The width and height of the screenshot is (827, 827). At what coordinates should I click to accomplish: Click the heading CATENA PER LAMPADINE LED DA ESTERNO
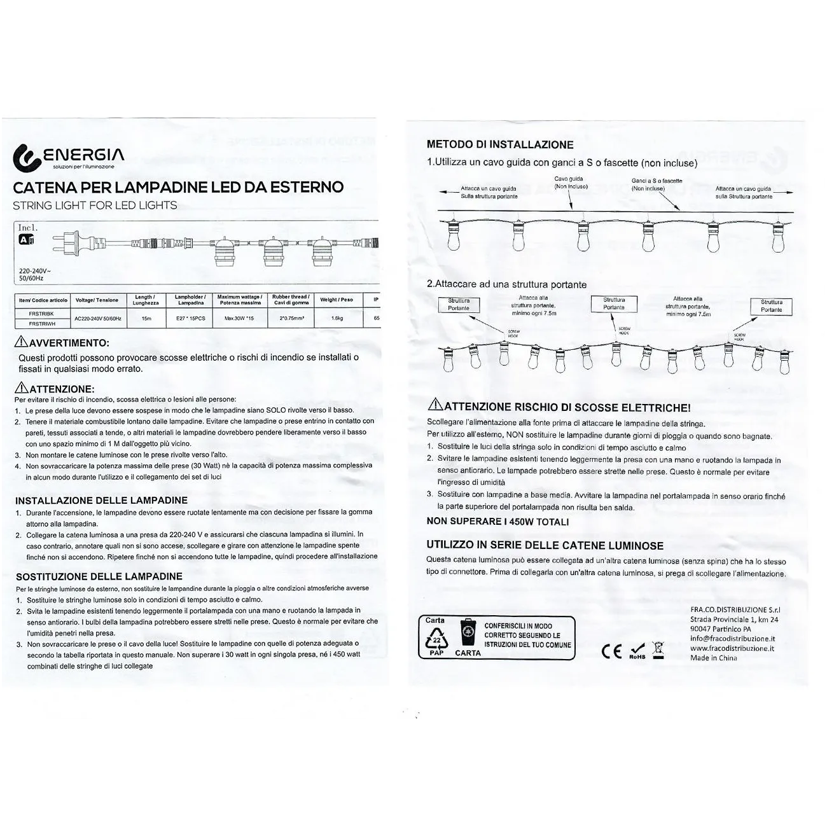(x=178, y=188)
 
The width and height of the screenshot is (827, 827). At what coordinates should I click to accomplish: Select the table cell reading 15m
(x=146, y=318)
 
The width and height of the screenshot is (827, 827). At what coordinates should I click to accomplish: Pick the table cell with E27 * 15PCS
(x=190, y=318)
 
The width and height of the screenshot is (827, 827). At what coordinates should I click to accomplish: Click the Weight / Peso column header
(x=337, y=300)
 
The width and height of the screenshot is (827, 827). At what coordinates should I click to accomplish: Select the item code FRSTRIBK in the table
(x=41, y=314)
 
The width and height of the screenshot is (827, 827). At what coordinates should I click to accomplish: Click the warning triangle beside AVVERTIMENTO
(x=20, y=342)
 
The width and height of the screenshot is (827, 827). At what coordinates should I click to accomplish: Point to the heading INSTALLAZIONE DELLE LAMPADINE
(x=102, y=501)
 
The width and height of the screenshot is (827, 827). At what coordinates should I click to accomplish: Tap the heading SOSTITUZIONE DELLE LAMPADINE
(x=99, y=576)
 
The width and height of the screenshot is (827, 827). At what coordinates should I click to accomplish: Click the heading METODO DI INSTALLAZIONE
(x=500, y=144)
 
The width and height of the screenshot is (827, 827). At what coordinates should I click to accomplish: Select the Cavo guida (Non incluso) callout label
(x=570, y=183)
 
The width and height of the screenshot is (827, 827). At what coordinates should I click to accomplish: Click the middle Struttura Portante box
(x=614, y=303)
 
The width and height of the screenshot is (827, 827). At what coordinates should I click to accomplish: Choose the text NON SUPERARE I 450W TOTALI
(x=497, y=522)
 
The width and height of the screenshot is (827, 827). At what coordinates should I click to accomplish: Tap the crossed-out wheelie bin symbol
(x=658, y=650)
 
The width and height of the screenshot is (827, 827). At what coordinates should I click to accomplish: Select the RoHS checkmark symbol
(x=637, y=650)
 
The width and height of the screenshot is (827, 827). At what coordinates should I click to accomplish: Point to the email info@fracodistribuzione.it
(x=732, y=639)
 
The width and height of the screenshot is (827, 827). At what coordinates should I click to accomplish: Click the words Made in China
(x=714, y=658)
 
